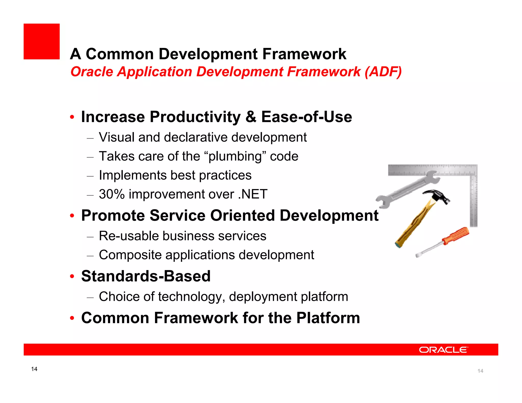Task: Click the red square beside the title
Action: [42, 42]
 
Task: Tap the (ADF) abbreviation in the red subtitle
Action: [383, 72]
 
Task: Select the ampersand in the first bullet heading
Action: [251, 117]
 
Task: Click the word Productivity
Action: [195, 117]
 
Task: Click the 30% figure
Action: [112, 194]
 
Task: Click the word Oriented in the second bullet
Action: [242, 216]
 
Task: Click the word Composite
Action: [130, 255]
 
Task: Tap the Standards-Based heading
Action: [146, 276]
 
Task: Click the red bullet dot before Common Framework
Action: [72, 318]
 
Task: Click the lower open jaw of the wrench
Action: [382, 203]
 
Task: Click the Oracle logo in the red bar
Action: [443, 350]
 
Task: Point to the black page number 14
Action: [34, 369]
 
